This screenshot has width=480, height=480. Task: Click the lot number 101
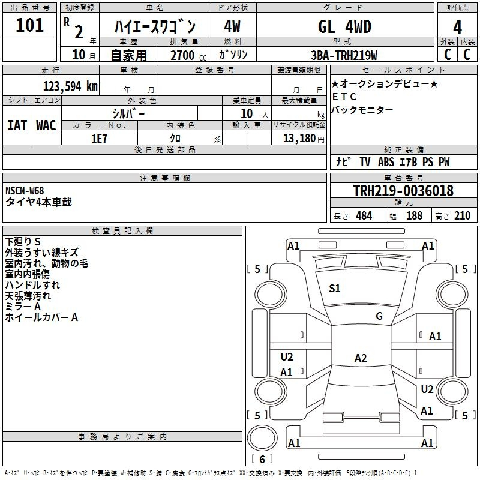[29, 26]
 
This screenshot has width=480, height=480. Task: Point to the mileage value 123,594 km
[70, 86]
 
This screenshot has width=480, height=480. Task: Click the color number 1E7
[99, 138]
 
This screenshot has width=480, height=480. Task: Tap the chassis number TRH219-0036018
[403, 191]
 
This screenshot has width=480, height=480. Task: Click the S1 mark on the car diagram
[335, 289]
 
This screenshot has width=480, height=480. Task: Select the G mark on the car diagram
[379, 316]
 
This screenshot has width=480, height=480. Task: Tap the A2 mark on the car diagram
[360, 358]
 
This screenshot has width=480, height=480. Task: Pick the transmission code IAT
[17, 125]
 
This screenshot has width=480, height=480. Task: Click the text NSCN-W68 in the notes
[25, 191]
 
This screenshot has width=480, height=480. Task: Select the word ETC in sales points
[344, 97]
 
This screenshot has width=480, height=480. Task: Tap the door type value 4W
[232, 27]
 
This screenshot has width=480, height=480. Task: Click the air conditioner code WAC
[46, 125]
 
